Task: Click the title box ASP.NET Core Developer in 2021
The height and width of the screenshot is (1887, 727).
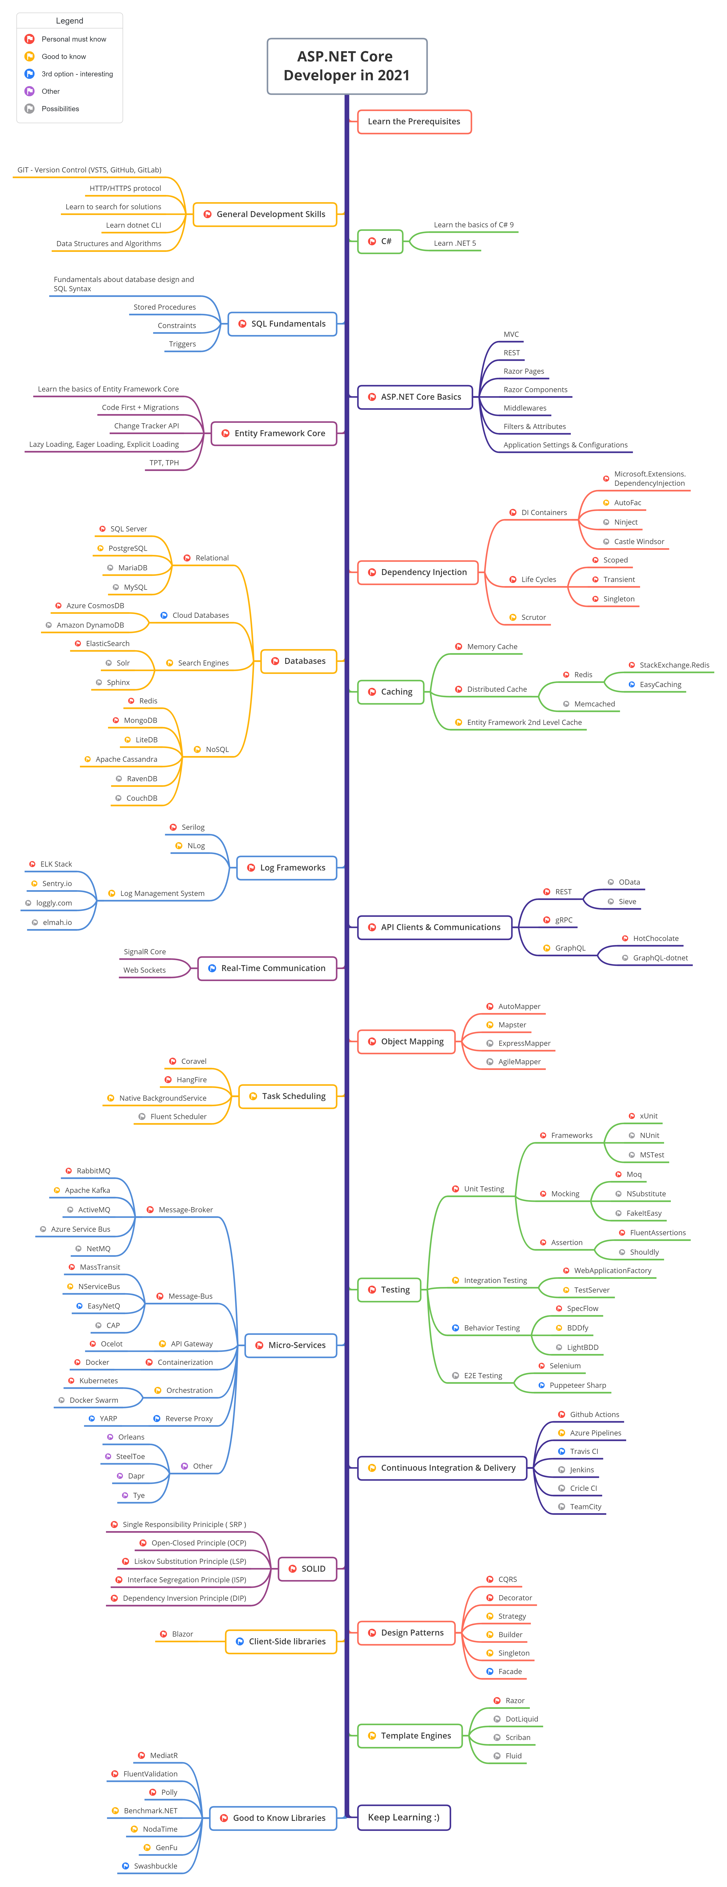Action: click(x=347, y=66)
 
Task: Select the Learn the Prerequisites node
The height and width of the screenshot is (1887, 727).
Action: click(x=414, y=122)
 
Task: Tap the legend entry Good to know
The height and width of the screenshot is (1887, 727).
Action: click(x=64, y=56)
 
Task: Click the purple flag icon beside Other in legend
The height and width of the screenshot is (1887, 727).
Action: click(x=29, y=92)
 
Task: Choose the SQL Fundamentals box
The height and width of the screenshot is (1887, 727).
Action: click(x=282, y=324)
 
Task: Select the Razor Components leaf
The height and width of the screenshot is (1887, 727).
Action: click(x=535, y=390)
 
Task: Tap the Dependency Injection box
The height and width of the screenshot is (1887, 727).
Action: click(x=418, y=572)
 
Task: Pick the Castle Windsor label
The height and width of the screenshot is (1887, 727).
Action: click(x=639, y=541)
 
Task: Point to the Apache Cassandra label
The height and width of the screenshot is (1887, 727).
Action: click(x=126, y=759)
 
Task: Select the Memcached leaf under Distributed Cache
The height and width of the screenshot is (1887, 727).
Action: click(x=594, y=704)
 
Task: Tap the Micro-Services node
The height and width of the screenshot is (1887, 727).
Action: click(x=291, y=1345)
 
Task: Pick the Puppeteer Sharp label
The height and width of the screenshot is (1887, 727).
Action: click(x=578, y=1385)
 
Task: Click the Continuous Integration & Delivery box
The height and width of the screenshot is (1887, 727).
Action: click(x=442, y=1468)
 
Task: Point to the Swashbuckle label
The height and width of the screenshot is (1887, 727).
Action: click(x=155, y=1866)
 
